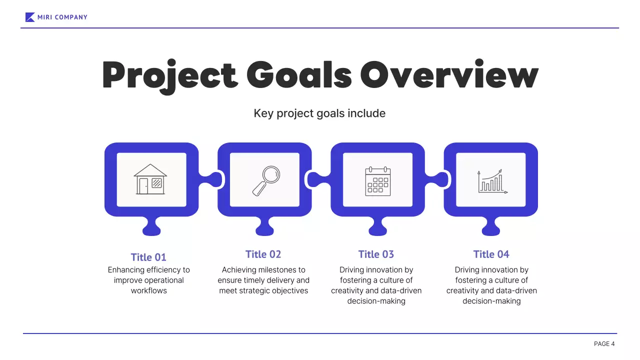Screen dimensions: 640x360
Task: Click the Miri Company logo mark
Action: (30, 17)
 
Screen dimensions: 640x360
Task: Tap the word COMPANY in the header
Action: (71, 17)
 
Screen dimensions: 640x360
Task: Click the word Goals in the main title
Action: (299, 74)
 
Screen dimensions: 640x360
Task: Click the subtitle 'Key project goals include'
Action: (319, 113)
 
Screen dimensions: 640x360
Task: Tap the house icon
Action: (150, 179)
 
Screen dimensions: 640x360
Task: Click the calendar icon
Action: (377, 181)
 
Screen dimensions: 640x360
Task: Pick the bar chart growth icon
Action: (492, 181)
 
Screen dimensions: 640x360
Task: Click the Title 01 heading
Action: (148, 257)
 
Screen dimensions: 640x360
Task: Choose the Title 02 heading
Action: (263, 254)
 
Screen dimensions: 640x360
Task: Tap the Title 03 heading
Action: (376, 254)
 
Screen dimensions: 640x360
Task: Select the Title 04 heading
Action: (491, 254)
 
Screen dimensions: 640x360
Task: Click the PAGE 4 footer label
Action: (604, 343)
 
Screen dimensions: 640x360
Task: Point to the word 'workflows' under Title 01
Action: (149, 290)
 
